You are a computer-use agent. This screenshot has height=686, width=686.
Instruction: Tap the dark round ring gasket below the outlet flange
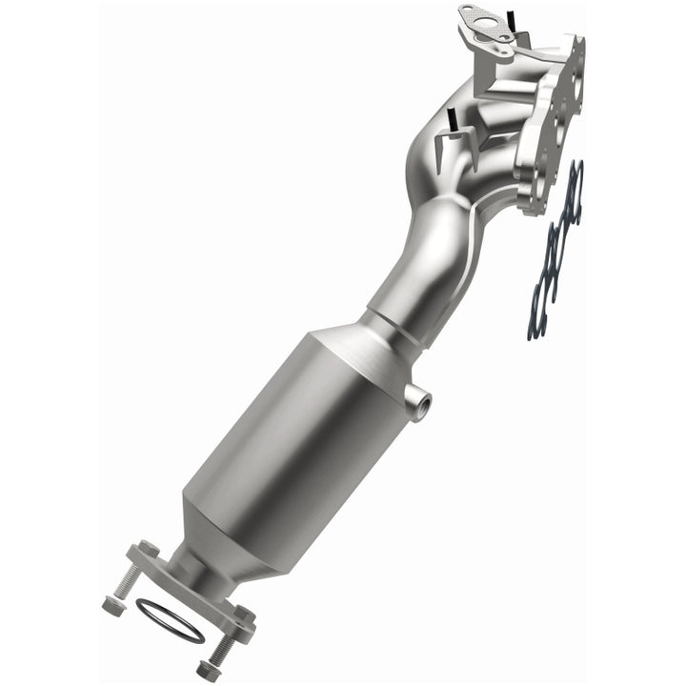tap(170, 620)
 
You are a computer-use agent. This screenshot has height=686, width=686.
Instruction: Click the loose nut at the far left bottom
tap(112, 604)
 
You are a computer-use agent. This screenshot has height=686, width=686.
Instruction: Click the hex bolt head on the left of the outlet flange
tap(149, 550)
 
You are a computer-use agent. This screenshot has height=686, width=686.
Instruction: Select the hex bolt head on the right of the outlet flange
tap(243, 618)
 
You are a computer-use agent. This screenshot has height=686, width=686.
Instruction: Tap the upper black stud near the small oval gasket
tap(510, 20)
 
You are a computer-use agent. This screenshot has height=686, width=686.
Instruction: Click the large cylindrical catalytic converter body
tap(305, 429)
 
